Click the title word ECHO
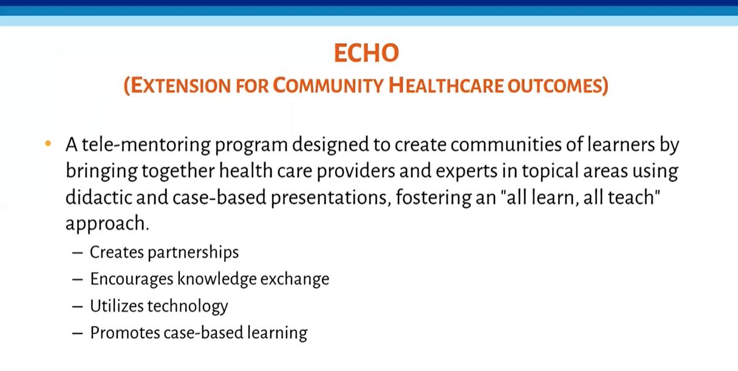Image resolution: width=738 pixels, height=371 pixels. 366,53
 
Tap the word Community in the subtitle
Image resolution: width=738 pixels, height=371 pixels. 328,86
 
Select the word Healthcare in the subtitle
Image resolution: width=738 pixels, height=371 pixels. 446,86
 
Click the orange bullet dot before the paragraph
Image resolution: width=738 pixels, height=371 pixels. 48,144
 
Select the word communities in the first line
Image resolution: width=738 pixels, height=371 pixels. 506,144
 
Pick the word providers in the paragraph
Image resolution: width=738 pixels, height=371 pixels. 356,171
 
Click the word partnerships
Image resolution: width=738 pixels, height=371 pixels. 193,253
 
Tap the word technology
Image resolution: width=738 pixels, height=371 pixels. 188,307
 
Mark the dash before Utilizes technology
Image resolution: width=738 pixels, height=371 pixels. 77,307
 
